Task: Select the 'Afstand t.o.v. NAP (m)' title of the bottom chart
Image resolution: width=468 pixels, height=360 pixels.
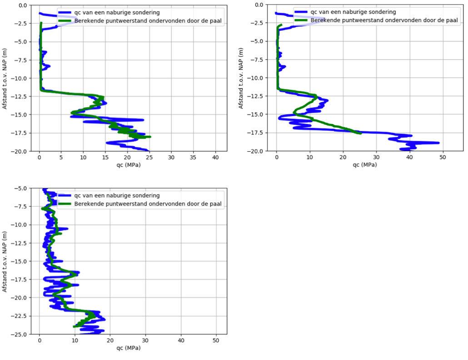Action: tap(5, 261)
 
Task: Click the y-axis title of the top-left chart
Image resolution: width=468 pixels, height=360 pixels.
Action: tap(5, 78)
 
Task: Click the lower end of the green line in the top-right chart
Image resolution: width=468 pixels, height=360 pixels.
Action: tap(360, 133)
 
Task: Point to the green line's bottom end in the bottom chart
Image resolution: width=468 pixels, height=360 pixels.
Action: tap(74, 326)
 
